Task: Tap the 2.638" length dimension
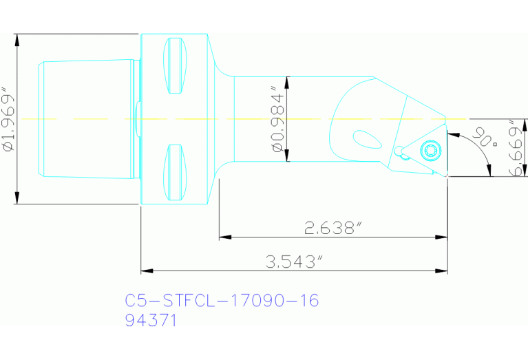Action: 332,228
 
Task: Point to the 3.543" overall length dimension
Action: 294,262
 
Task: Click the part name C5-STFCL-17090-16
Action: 222,301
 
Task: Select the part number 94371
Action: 151,320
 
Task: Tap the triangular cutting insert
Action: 423,149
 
